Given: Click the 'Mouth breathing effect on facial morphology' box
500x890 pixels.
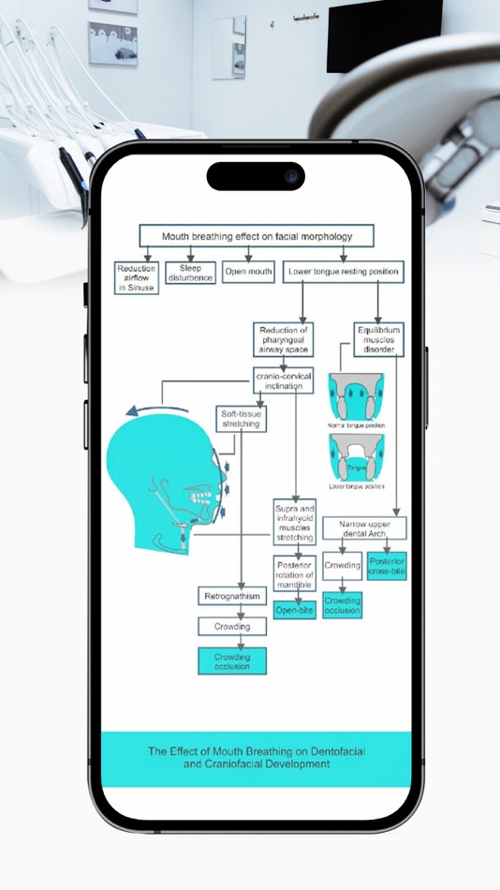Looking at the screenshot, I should [257, 236].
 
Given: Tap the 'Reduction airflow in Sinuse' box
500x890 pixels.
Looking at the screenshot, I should [137, 278].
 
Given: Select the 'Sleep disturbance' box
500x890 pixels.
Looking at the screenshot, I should [190, 273].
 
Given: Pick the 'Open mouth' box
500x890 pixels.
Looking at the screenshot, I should [248, 273].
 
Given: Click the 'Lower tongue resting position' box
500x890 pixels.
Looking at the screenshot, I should [344, 273].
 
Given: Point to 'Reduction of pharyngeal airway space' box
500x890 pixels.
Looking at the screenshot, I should [283, 339].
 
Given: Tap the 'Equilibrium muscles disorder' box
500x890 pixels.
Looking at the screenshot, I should [379, 339].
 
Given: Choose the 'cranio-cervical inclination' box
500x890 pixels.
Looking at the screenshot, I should [284, 381].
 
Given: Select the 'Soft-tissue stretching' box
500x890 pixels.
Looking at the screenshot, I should [240, 418].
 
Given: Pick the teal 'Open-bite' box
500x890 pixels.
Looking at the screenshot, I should [295, 610].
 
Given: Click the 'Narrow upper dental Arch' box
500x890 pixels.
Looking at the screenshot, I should [364, 528].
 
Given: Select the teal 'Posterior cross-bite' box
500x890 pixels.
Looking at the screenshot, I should [387, 566].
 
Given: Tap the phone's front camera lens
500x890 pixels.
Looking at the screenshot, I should [291, 176].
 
